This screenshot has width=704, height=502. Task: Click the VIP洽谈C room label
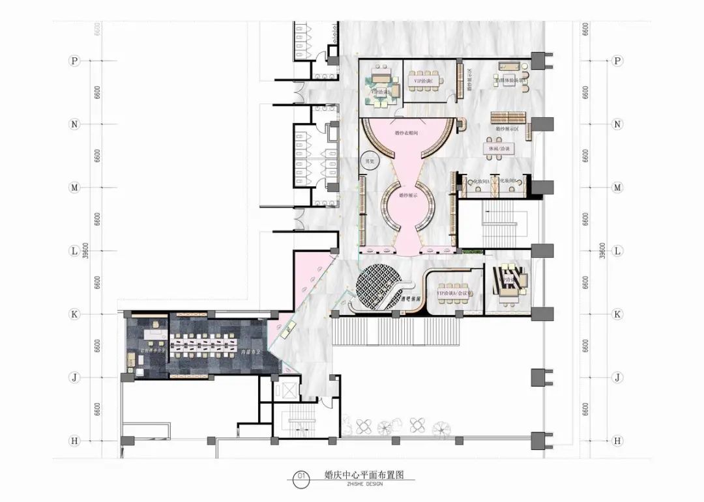(x=424, y=81)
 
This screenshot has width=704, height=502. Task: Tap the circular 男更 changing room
(x=370, y=160)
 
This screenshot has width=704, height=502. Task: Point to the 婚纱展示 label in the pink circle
(x=407, y=195)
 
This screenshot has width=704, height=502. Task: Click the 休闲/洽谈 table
(x=498, y=148)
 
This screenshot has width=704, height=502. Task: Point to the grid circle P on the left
(x=74, y=61)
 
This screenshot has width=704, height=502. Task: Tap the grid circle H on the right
(x=617, y=441)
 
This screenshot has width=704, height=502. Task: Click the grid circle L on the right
(x=617, y=251)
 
